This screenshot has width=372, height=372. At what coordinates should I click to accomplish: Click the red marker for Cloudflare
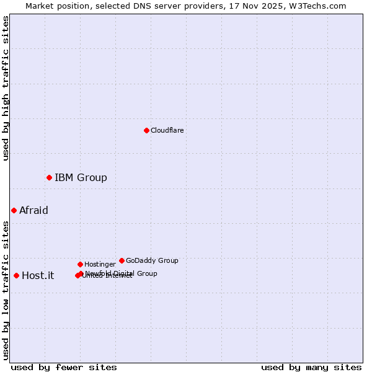(146, 130)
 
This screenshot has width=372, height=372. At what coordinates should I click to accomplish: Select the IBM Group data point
(49, 178)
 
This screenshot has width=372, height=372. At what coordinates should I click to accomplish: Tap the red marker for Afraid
(14, 210)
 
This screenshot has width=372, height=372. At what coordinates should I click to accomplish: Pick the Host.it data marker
(16, 275)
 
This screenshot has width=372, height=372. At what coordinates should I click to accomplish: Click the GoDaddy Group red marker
(122, 260)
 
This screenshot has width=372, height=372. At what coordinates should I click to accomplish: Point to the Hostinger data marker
(80, 264)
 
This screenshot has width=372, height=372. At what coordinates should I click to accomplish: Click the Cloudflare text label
(167, 130)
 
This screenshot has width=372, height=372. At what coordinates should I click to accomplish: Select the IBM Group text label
(81, 178)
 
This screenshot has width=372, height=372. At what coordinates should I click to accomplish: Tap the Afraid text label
(33, 210)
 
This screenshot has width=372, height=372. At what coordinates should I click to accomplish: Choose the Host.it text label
(38, 275)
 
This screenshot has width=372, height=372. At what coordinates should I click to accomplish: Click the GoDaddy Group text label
(152, 260)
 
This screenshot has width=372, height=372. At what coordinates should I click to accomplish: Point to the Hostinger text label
(100, 264)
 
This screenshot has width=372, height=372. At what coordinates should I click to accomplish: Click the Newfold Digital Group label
(122, 273)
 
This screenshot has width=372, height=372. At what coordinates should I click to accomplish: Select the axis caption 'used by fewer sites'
(64, 367)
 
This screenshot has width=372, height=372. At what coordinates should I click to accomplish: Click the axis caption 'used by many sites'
(311, 367)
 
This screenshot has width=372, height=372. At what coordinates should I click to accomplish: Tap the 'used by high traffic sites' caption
(6, 88)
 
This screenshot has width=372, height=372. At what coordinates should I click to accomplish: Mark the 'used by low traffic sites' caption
(6, 289)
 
